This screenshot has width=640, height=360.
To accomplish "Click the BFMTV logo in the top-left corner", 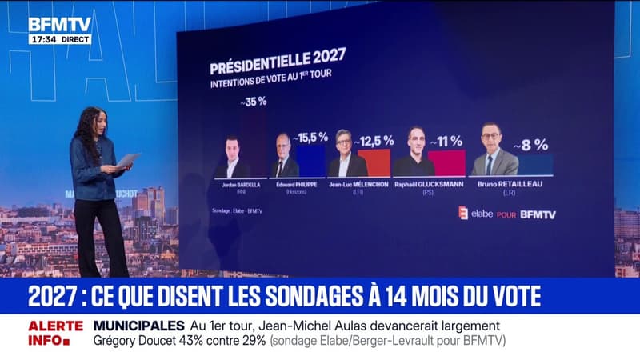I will (59, 25).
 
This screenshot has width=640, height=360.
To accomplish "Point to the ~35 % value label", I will (253, 102).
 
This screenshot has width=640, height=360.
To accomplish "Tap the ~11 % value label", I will (446, 142).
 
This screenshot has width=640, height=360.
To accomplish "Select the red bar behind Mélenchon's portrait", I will (378, 162).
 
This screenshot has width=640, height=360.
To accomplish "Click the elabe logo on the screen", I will (479, 214).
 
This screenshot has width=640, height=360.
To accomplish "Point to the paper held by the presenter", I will (127, 160).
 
